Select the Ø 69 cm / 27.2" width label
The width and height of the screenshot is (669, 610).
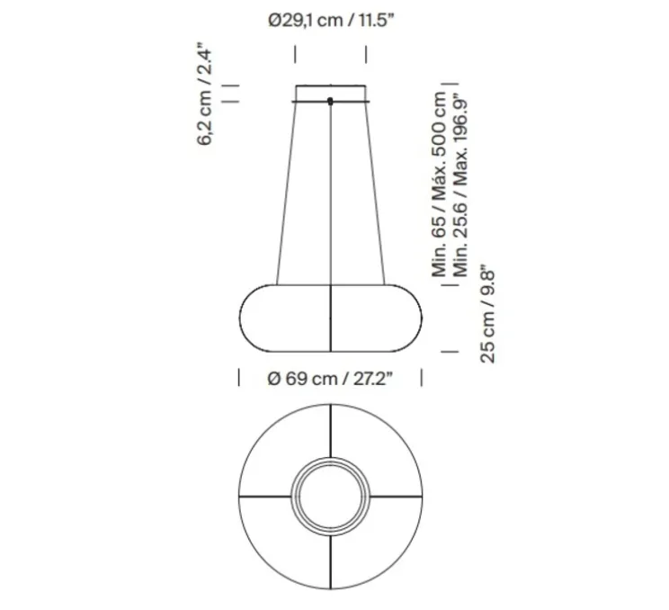330,379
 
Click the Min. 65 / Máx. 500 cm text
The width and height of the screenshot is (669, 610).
440,184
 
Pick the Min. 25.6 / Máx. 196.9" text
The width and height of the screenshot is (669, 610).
463,184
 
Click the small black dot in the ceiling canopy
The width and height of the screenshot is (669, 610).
331,100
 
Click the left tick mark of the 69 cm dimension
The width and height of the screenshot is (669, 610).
238,379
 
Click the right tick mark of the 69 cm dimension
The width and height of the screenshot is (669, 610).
423,379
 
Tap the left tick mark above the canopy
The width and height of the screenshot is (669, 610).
296,52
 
